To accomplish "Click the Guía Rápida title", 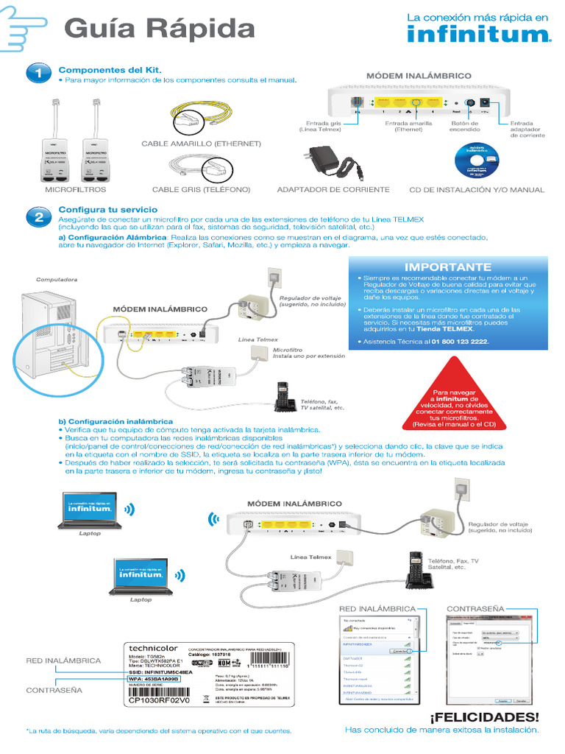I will point(160,29).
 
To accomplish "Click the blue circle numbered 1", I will point(38,74).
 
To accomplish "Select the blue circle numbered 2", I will point(38,218).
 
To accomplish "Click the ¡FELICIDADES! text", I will point(484,716).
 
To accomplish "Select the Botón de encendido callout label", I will point(465,127).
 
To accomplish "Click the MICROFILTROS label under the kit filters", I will point(76,190).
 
